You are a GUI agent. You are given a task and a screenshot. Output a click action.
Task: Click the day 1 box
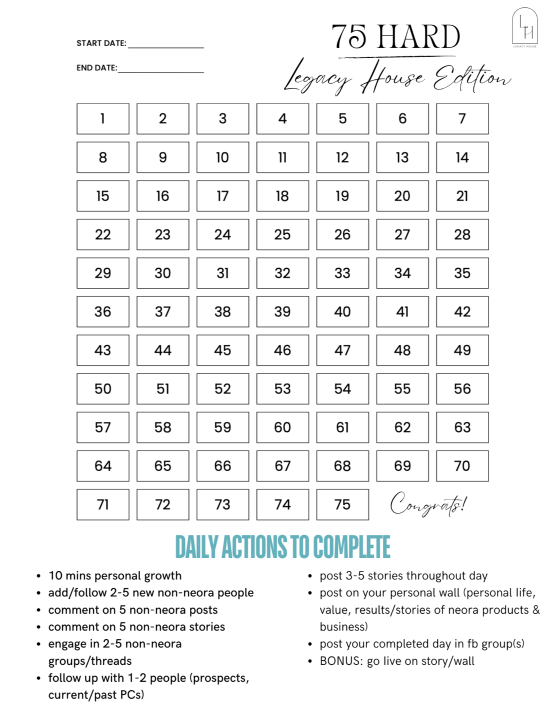(x=102, y=119)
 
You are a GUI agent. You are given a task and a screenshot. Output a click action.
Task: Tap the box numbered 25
(x=282, y=234)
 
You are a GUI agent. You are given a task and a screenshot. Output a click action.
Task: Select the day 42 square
(x=462, y=311)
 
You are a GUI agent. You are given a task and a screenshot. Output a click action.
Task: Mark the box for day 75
(x=342, y=504)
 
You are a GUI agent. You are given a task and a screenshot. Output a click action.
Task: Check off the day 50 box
(x=102, y=388)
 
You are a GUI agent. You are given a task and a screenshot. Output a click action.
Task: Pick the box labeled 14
(x=462, y=157)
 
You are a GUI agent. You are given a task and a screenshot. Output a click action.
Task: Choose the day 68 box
(x=342, y=466)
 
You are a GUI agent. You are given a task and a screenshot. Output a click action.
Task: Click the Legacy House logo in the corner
(x=524, y=27)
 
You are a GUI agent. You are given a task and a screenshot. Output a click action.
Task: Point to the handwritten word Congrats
(x=428, y=504)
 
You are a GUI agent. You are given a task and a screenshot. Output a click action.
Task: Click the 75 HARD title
(x=395, y=37)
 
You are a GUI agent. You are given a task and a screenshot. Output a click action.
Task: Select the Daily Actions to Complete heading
(x=282, y=547)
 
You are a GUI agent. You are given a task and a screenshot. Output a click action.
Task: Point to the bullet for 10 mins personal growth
(x=38, y=576)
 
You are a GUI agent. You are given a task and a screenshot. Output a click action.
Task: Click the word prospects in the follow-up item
(x=219, y=678)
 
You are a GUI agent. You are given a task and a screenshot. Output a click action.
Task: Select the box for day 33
(x=342, y=273)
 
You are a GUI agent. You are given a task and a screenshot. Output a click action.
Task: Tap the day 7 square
(x=462, y=119)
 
